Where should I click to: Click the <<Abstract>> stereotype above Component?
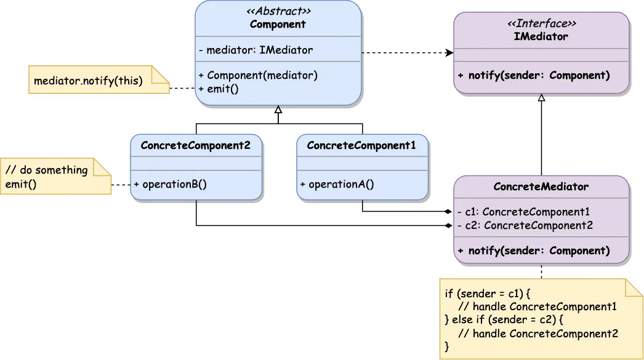coord(278,11)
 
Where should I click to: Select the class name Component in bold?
coord(278,25)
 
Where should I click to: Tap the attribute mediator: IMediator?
coord(256,50)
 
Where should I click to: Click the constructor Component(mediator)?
coord(258,75)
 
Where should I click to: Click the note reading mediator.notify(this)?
coord(87,81)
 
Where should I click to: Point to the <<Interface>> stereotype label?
coord(541,24)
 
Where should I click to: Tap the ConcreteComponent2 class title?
coord(196,146)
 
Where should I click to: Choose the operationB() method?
coord(170,184)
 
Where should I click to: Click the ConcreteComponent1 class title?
coord(361,146)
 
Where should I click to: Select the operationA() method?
coord(337,184)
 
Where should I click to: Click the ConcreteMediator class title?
coord(541,186)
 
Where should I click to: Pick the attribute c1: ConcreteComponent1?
coord(523,212)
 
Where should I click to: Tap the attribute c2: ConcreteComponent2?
coord(525,225)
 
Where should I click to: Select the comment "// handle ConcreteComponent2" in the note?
coord(538,334)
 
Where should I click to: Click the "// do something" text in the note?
coord(46,170)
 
